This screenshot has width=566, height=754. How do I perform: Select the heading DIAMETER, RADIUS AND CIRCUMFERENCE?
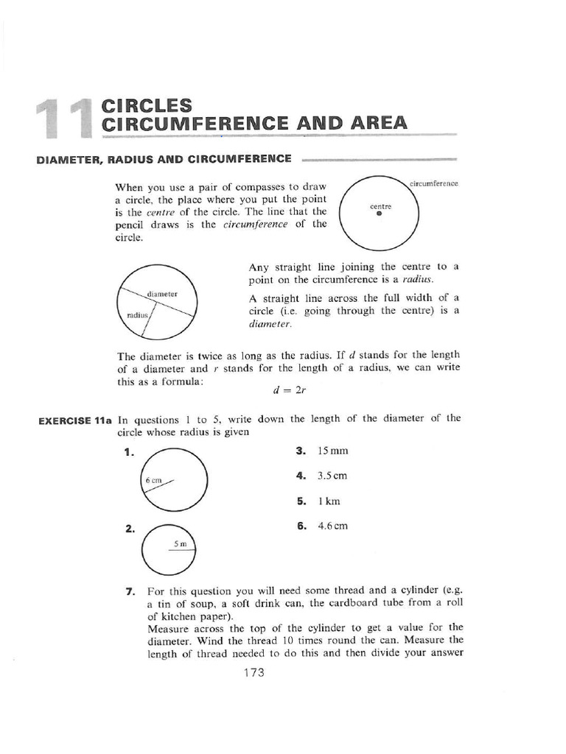pyautogui.click(x=164, y=158)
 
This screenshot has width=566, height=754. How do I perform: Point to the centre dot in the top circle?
pyautogui.click(x=380, y=214)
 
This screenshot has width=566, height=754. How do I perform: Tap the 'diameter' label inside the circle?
pyautogui.click(x=162, y=294)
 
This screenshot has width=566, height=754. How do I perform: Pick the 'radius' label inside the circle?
pyautogui.click(x=138, y=314)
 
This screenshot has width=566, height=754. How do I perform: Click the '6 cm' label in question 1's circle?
pyautogui.click(x=153, y=480)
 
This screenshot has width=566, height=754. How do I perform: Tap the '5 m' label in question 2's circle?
pyautogui.click(x=181, y=543)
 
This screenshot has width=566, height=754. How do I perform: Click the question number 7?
pyautogui.click(x=130, y=591)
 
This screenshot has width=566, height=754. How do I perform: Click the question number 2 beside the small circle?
pyautogui.click(x=130, y=528)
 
